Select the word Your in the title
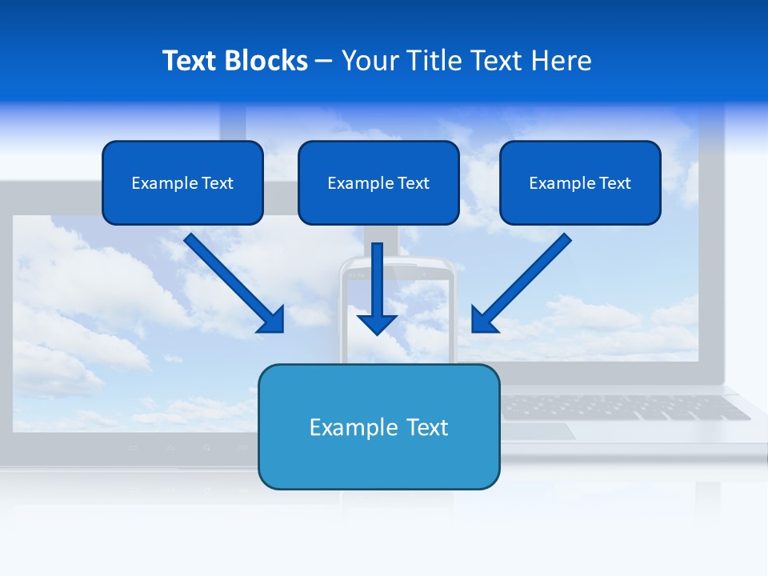tap(368, 61)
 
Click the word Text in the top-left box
tap(217, 183)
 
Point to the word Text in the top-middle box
tap(413, 183)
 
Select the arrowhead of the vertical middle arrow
tap(377, 323)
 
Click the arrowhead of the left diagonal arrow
tap(274, 322)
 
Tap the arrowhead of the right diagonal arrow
tap(482, 322)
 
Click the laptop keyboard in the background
tap(624, 407)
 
